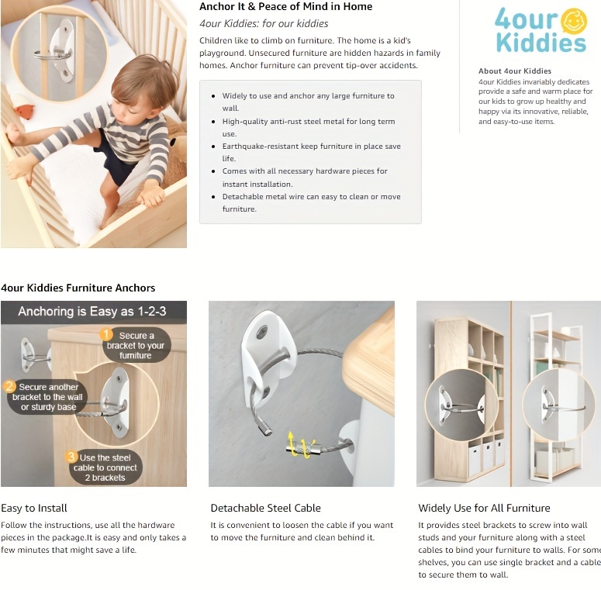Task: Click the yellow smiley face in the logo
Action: point(574,21)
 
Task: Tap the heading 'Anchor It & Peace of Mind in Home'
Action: point(285,6)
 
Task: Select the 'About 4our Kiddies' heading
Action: point(515,71)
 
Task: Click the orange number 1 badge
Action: point(106,334)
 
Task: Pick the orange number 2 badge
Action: point(9,386)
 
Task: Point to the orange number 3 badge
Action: point(71,457)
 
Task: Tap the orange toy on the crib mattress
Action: point(24,111)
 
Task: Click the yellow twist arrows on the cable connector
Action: point(302,444)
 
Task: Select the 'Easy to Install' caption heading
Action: point(34,508)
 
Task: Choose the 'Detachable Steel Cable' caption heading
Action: point(266,508)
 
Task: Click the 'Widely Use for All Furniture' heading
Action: point(484,508)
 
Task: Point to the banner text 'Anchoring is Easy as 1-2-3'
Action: point(92,311)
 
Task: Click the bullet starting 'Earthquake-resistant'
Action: point(311,152)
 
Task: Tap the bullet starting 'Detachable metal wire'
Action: point(311,202)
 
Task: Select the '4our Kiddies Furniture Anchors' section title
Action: point(78,288)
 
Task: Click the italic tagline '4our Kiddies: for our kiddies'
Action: point(264,24)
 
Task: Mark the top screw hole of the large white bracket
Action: point(263,331)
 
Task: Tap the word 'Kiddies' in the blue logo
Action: point(541,43)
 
